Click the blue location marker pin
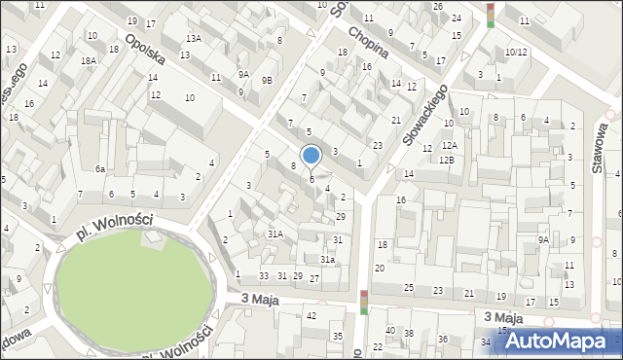pyautogui.click(x=311, y=156)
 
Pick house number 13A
pyautogui.click(x=195, y=38)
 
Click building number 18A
pyautogui.click(x=89, y=60)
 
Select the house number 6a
pyautogui.click(x=99, y=168)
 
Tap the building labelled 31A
pyautogui.click(x=275, y=234)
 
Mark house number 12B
pyautogui.click(x=447, y=159)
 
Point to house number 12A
pyautogui.click(x=449, y=145)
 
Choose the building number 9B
pyautogui.click(x=267, y=80)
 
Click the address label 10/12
pyautogui.click(x=516, y=53)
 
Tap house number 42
pyautogui.click(x=311, y=315)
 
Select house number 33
pyautogui.click(x=263, y=276)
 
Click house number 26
pyautogui.click(x=438, y=7)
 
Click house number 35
pyautogui.click(x=338, y=337)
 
